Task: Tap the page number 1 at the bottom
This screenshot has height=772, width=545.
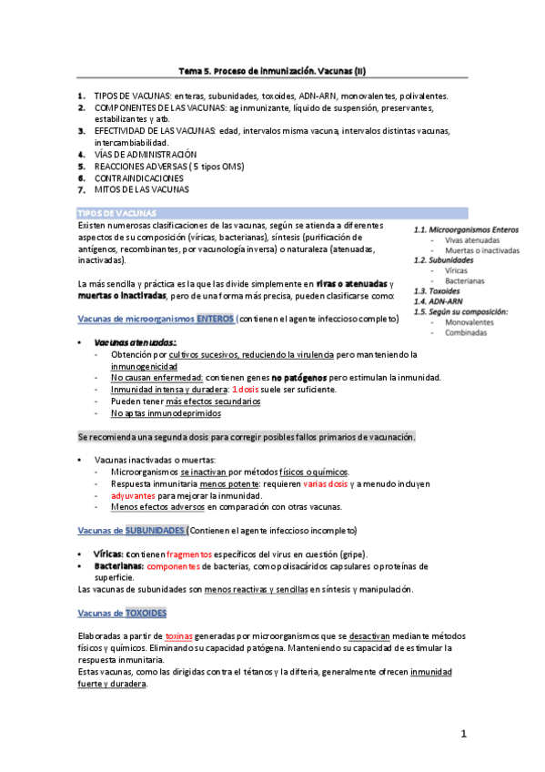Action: (463, 734)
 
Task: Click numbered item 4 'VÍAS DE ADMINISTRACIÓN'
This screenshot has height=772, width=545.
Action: (146, 155)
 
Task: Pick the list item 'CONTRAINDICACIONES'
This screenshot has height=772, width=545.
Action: (138, 178)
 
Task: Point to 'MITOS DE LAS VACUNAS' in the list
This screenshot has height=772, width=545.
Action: (141, 190)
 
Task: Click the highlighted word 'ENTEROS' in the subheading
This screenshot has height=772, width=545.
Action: (213, 319)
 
